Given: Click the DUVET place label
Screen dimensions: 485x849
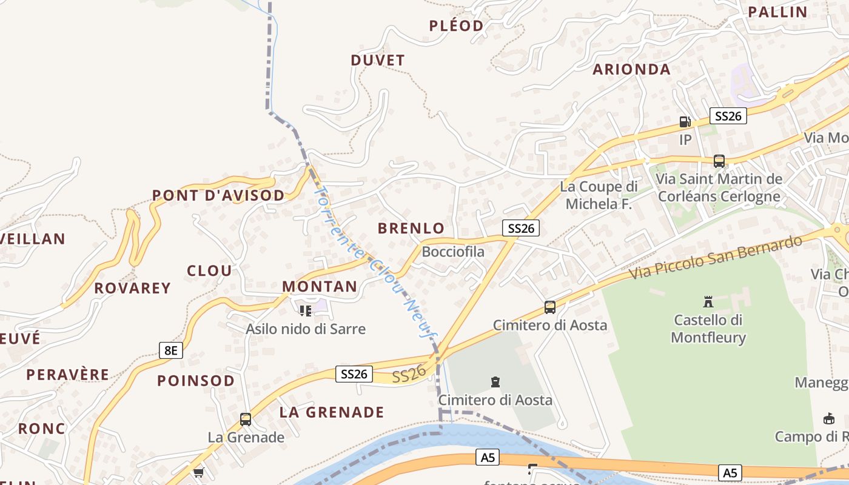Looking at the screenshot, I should (377, 61).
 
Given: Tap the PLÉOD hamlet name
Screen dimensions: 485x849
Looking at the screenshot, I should (456, 26).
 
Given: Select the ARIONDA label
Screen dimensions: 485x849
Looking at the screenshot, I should (631, 70).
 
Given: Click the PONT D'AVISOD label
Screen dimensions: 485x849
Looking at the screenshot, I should (218, 196).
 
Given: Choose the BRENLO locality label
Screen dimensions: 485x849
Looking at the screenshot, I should (411, 229).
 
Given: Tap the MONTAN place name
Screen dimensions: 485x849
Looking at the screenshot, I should (320, 287).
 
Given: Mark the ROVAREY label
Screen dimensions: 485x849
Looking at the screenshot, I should (132, 288).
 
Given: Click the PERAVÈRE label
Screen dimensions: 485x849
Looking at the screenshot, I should (67, 375).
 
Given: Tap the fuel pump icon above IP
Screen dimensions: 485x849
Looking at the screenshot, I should (685, 122).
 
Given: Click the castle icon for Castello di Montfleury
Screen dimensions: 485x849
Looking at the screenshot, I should (708, 301).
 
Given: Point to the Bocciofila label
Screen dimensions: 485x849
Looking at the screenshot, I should (453, 252).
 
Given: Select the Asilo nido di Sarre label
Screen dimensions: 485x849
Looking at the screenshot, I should (306, 329).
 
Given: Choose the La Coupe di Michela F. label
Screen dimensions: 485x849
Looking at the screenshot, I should (599, 195).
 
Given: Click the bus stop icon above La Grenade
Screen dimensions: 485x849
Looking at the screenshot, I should (245, 419).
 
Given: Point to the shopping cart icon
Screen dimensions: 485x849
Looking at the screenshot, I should (198, 472).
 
